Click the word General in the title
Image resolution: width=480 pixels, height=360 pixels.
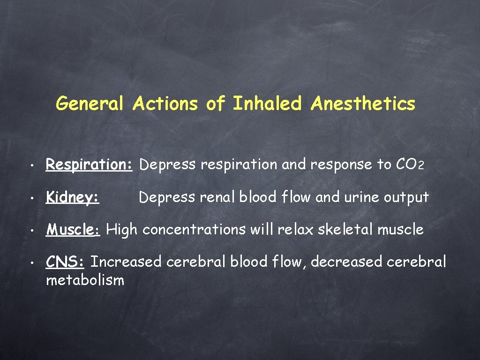(x=90, y=104)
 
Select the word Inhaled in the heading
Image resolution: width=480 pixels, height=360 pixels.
(x=267, y=104)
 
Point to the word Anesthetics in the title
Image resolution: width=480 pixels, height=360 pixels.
(x=362, y=104)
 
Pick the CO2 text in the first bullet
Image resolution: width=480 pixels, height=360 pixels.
(x=410, y=165)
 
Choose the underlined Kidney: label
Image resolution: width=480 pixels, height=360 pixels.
(x=72, y=198)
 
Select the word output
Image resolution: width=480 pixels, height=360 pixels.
(x=406, y=198)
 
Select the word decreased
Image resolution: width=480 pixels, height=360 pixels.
(x=347, y=262)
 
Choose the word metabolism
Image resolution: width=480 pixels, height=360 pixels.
(x=85, y=280)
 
